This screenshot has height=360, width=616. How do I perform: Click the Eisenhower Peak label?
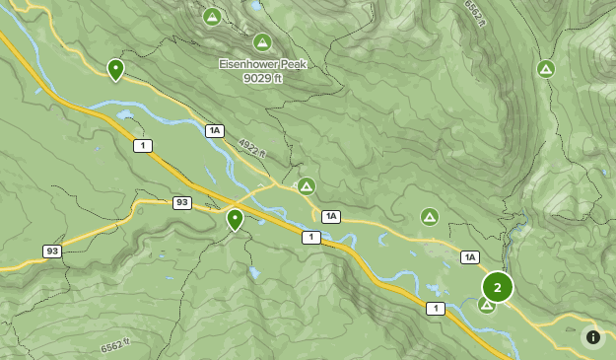coord(262,64)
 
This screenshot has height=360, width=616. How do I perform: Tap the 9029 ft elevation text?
coord(262,77)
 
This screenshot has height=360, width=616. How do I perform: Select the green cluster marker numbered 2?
coord(498,287)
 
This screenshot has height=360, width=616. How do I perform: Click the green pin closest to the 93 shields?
coord(235,219)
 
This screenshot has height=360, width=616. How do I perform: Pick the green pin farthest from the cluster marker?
coord(116,69)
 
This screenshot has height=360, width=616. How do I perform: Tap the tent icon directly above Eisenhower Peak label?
coord(262,41)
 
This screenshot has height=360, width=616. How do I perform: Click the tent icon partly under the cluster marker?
coord(486,306)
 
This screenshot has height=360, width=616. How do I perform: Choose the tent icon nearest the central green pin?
coord(307,185)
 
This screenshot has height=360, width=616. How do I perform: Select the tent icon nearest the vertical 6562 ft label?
coord(545,68)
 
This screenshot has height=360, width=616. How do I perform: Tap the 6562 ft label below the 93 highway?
coord(114,345)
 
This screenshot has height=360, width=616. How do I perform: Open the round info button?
coord(593,337)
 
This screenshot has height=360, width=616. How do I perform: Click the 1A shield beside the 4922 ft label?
coord(215,130)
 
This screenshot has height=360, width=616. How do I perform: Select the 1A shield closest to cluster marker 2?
coord(469,257)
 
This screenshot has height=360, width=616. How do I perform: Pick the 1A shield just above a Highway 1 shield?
coord(330,217)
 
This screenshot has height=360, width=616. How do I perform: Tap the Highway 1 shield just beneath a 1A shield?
coord(311,237)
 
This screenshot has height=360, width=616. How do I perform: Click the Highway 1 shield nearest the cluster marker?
coord(435,309)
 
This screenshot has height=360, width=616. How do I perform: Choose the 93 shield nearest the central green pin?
coord(181,202)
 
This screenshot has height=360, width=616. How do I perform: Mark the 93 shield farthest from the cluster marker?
coord(52,252)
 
